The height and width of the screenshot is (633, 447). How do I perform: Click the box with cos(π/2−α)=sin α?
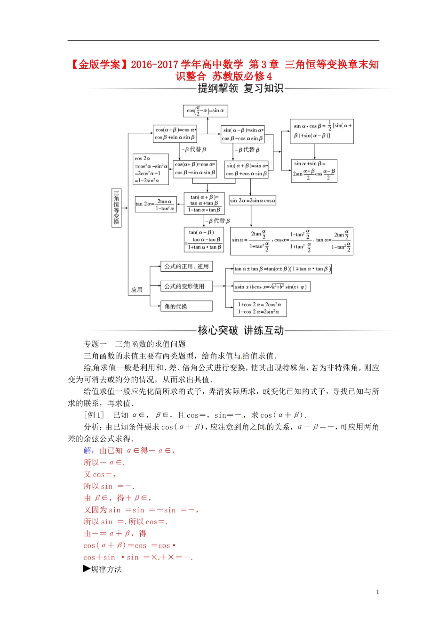click(x=206, y=111)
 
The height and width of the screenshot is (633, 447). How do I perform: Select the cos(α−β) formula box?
click(x=175, y=133)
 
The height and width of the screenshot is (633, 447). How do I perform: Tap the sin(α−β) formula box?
click(x=243, y=134)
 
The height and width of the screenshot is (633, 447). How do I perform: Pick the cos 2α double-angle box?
click(x=151, y=169)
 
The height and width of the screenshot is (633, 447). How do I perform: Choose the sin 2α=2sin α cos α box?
click(x=253, y=201)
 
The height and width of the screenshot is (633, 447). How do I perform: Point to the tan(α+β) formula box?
click(x=204, y=203)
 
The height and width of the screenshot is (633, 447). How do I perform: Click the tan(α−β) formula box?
click(x=203, y=239)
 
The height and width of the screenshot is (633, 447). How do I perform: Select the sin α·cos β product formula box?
click(x=322, y=130)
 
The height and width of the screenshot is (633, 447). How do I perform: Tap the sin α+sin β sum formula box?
click(x=314, y=170)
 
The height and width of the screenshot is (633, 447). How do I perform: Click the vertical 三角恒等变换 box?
click(x=116, y=207)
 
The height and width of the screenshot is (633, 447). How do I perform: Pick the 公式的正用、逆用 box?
click(x=186, y=267)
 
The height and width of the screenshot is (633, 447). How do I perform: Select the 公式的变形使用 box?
click(x=186, y=286)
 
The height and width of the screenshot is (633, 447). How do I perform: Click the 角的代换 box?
click(x=186, y=307)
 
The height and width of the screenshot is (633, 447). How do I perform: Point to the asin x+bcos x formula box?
click(x=272, y=287)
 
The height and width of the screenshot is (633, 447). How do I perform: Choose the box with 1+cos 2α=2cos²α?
click(x=260, y=308)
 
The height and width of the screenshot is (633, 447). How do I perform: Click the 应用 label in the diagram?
click(x=137, y=290)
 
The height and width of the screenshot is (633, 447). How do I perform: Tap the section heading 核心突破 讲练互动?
click(x=241, y=331)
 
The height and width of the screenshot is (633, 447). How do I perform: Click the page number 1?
click(x=377, y=592)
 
